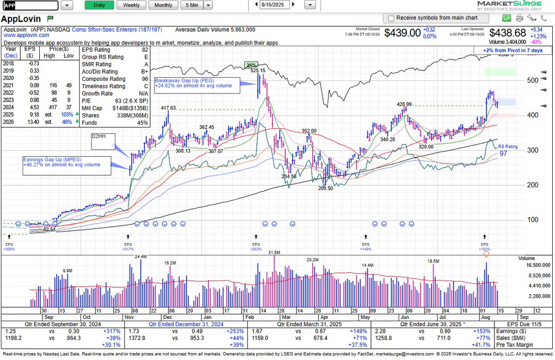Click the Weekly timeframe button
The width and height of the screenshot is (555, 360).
click(131, 5)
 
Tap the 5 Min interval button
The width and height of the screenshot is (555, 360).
click(191, 5)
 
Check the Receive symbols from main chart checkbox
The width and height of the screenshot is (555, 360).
click(391, 18)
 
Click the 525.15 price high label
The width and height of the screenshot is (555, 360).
click(258, 71)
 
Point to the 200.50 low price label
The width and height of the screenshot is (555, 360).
click(325, 188)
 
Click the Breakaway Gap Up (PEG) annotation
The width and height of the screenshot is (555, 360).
click(193, 83)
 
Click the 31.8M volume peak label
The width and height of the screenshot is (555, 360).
click(274, 252)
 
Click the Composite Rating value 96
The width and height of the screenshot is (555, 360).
click(145, 79)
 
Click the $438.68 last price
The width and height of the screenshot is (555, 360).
click(508, 33)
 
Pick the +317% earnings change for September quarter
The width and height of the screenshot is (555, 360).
click(112, 331)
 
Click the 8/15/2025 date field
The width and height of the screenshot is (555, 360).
click(275, 5)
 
